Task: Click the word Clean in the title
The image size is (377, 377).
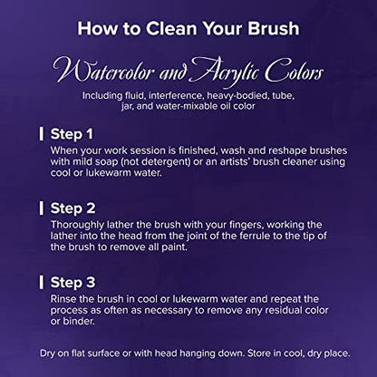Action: (172, 28)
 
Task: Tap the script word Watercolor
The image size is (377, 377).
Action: (104, 72)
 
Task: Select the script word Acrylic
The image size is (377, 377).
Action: (225, 71)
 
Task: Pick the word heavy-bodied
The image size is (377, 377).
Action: (238, 96)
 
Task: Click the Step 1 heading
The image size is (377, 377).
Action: (72, 134)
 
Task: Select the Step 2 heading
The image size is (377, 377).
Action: (72, 208)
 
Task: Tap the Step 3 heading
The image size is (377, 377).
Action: (72, 283)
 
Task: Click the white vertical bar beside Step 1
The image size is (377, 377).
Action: (42, 134)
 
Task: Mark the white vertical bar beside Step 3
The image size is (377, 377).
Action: (42, 282)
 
